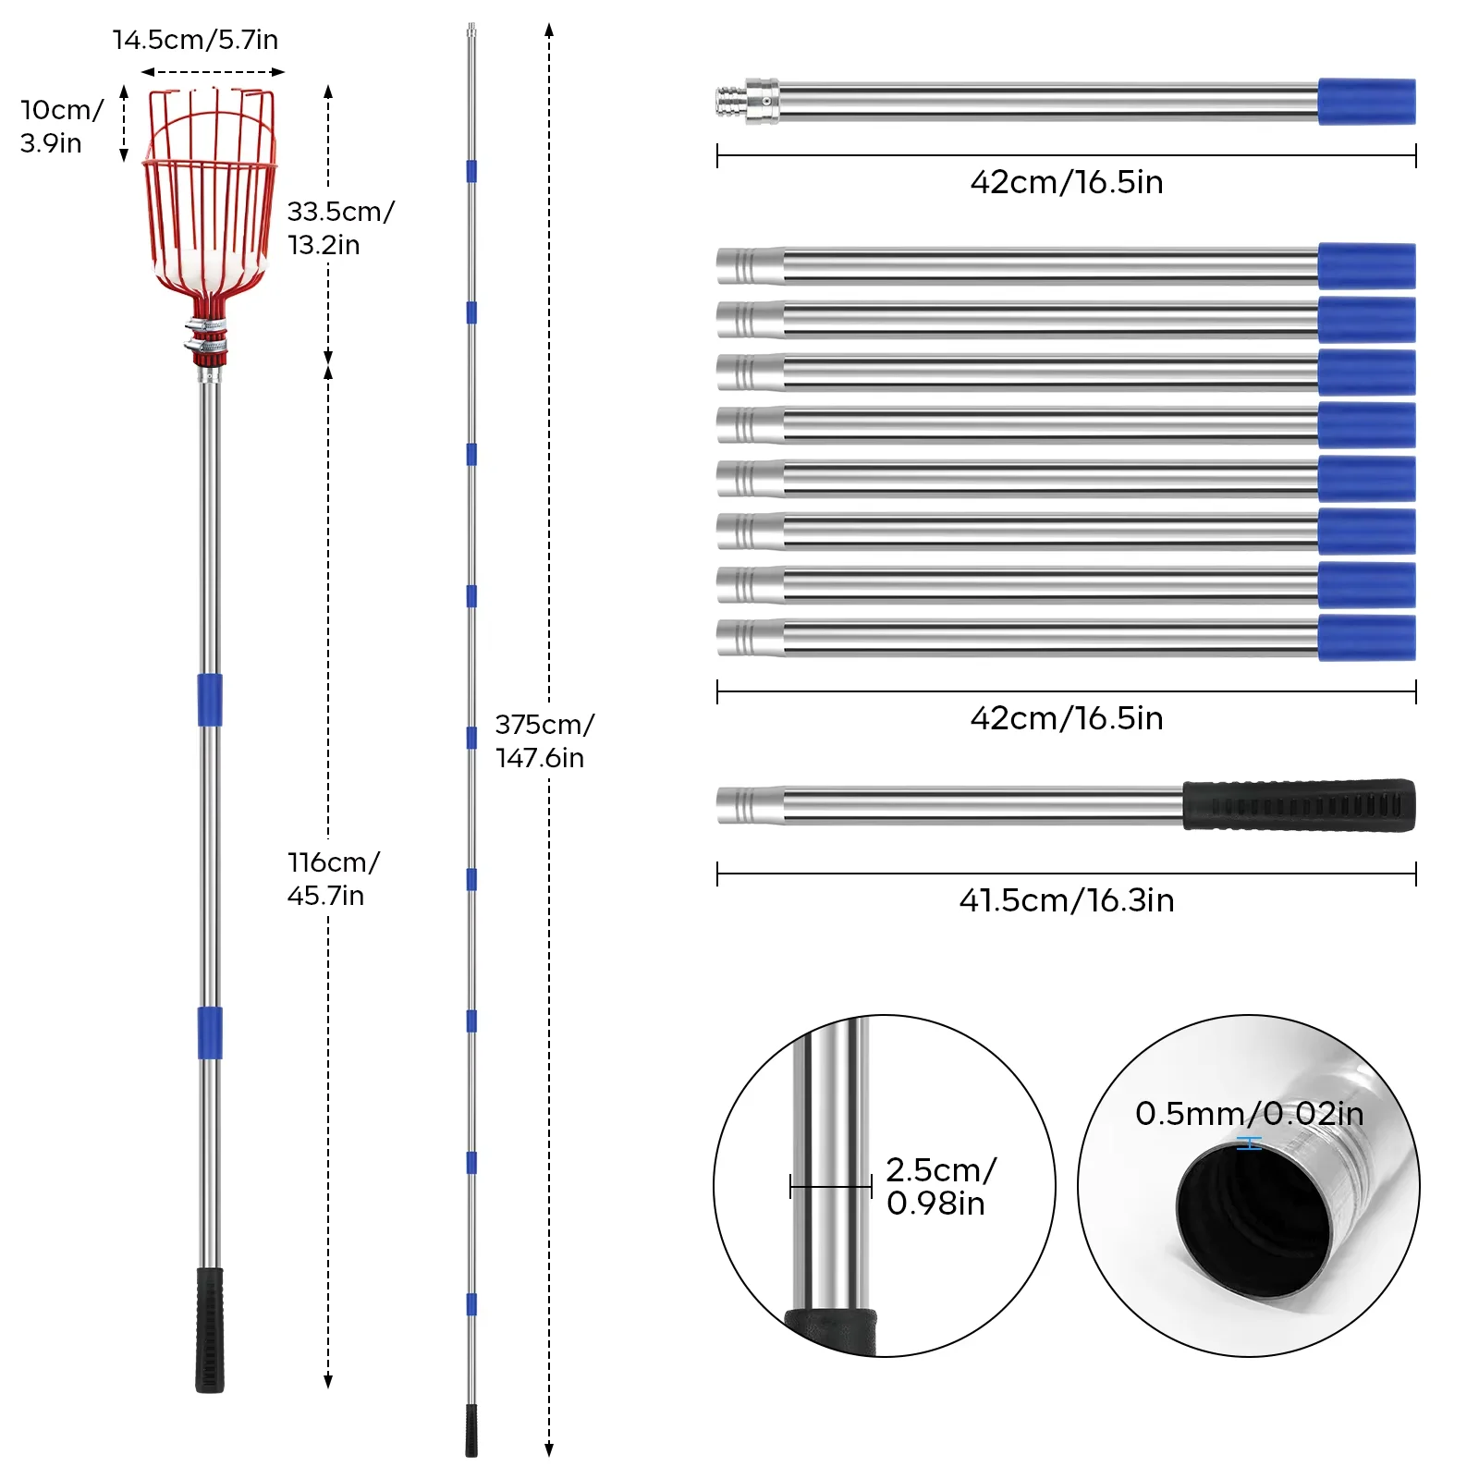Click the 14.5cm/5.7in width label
195,40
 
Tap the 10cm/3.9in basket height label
61,127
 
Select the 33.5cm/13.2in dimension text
340,227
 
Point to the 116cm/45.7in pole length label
333,878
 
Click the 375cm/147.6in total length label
544,740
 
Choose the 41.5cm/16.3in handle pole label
1066,900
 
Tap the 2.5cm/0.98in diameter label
940,1186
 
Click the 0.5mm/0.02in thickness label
1249,1114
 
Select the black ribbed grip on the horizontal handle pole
1299,805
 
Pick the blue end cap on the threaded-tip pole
1366,102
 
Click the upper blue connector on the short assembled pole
210,700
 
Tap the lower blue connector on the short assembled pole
210,1033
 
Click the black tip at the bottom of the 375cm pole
471,1430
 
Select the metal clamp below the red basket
207,336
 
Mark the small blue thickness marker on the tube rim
1249,1144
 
